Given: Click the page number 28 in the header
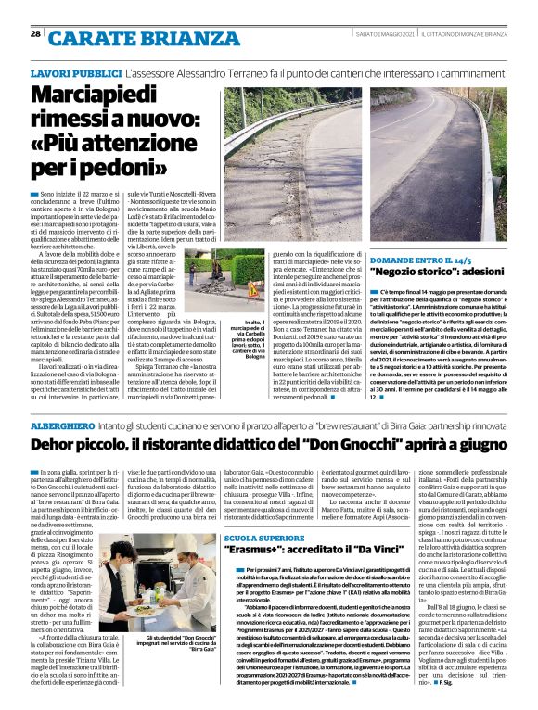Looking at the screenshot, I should pyautogui.click(x=35, y=34).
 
